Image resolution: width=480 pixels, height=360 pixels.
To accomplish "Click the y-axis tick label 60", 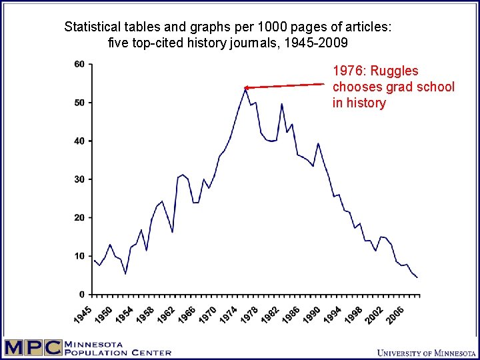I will coord(79,64).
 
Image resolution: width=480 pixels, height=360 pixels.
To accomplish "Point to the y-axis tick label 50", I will coord(79,103).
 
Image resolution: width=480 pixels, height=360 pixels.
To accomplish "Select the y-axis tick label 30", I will coord(79,179).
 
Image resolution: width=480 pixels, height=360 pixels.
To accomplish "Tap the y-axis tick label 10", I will coord(79,256).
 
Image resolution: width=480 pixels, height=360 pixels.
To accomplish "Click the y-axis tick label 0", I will coord(82,295).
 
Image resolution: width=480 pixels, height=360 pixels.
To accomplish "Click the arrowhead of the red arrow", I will coord(246,87).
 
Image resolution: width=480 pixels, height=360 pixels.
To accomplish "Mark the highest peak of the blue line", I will coord(245,88).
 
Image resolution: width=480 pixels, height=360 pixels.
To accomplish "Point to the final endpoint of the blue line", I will coord(417,277).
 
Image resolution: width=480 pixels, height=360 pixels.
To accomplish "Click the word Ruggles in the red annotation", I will coord(395,71).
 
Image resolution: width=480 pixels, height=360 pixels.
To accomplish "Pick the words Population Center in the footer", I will coord(118,353).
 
